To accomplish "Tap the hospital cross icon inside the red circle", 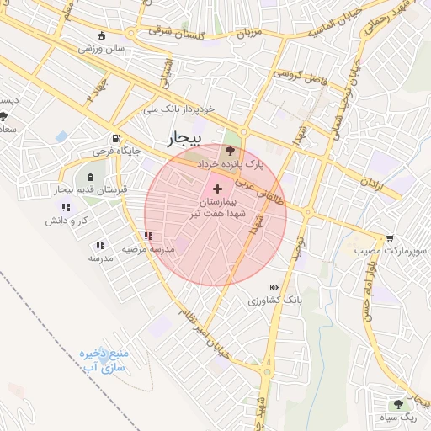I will click(219, 188).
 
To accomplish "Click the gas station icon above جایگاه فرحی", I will click(114, 139).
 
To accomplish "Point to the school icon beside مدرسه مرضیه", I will click(148, 237).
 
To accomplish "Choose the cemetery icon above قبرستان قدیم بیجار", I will click(89, 177).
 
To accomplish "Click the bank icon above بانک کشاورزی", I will click(274, 287).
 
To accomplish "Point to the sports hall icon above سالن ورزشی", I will click(102, 36).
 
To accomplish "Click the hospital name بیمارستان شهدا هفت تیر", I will click(224, 210).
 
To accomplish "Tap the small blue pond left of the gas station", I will click(62, 136).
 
